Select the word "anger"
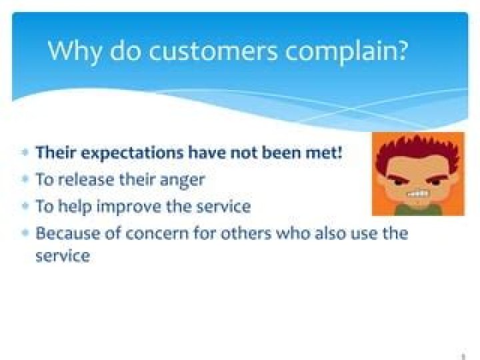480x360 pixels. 181,181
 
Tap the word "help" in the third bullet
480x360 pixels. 75,207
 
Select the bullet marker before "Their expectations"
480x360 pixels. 25,153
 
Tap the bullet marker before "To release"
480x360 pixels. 25,180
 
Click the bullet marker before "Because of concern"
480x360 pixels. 25,234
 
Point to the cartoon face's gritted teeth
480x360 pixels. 419,194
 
